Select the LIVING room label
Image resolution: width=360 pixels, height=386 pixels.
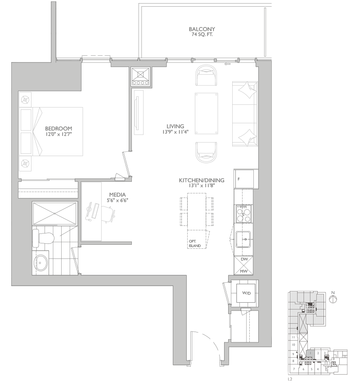tap(175, 126)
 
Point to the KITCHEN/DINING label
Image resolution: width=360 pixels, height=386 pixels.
tap(202, 180)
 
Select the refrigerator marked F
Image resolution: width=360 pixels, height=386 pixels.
tap(245, 179)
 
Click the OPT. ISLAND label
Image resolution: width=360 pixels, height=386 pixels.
tap(195, 243)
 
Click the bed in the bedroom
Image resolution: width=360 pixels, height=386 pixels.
tap(51, 131)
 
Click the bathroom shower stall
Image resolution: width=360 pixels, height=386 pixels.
tap(54, 214)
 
